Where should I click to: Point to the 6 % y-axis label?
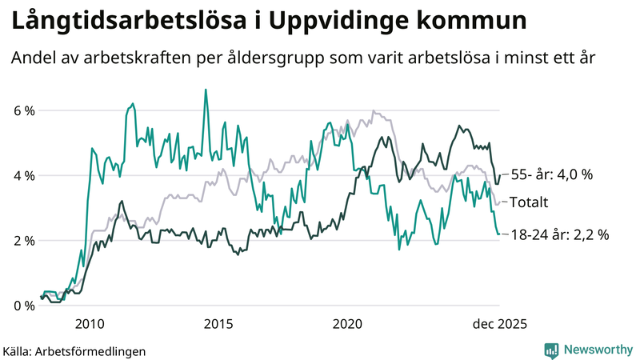23,110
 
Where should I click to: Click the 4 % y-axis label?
23,175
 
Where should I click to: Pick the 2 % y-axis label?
23,241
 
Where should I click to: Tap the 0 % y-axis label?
23,306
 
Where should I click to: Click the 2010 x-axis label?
89,323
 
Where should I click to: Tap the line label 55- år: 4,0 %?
551,175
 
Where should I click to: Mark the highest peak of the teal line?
206,90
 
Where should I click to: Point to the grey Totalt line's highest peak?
374,111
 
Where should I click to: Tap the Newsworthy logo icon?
551,350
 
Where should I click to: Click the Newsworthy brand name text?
597,350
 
